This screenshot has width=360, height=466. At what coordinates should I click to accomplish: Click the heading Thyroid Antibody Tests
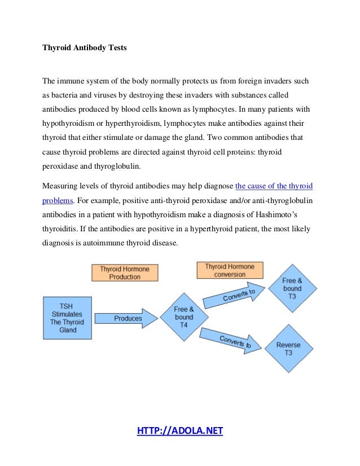(x=85, y=48)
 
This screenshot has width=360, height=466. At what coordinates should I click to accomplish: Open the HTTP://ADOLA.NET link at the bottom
(x=180, y=432)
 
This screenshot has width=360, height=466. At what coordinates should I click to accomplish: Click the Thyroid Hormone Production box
(x=125, y=273)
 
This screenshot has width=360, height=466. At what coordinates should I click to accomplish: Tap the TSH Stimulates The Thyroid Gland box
(x=68, y=318)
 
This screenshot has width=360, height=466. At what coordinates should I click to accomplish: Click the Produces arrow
(x=127, y=319)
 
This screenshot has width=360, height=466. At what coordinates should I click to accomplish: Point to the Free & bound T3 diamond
(x=292, y=289)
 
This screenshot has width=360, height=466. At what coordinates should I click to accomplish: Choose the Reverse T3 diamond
(x=288, y=349)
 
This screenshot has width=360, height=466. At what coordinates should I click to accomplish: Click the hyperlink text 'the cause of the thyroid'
(x=274, y=185)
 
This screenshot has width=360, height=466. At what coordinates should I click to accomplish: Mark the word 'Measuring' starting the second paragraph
(x=60, y=185)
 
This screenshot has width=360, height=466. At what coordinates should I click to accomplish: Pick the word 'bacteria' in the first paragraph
(x=67, y=94)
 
